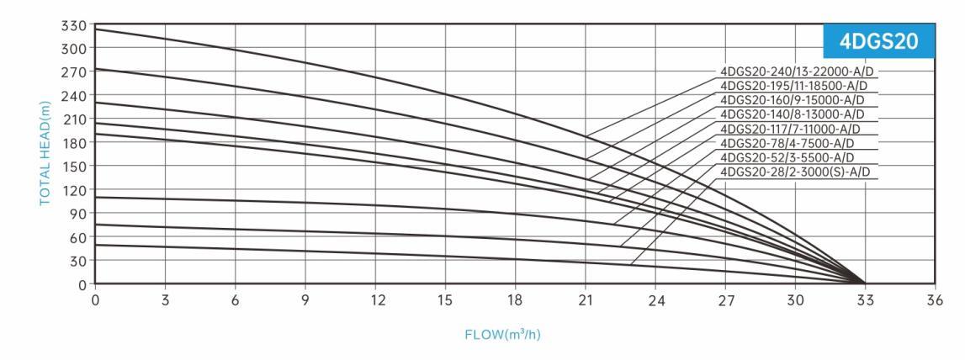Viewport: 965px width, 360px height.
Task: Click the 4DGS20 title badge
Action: tap(878, 42)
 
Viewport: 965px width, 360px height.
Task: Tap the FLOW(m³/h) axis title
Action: tap(502, 336)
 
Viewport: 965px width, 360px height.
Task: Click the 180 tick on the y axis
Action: tap(76, 142)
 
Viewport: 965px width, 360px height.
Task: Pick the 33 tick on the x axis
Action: tap(865, 299)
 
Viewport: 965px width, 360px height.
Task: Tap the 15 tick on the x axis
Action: tap(445, 299)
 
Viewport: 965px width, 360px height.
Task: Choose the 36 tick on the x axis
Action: tap(935, 299)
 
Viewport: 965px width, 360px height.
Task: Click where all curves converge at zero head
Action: tap(864, 283)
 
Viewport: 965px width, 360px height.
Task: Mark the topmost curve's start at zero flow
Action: tap(96, 29)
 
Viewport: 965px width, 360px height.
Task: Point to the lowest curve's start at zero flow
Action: tap(96, 245)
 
